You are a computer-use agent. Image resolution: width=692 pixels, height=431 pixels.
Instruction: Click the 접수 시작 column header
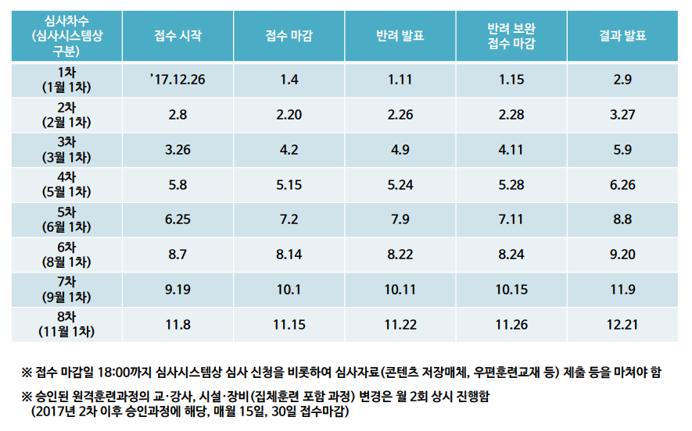(177, 36)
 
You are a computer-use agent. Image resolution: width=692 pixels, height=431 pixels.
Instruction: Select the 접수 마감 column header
(289, 36)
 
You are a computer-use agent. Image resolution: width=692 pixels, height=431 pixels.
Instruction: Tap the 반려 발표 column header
(400, 36)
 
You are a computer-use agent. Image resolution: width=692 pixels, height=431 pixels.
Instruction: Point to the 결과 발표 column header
(622, 36)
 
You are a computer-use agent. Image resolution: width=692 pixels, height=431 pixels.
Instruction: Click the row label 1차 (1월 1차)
(66, 80)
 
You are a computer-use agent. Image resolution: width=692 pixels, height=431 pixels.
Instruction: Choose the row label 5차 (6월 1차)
(66, 219)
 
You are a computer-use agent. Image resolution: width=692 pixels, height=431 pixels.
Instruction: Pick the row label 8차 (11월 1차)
(66, 324)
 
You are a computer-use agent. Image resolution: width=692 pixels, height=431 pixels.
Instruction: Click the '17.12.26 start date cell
(177, 80)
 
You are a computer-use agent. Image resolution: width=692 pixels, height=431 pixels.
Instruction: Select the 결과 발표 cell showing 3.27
(622, 115)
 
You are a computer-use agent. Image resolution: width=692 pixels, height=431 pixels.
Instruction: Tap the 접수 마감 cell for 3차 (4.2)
(289, 150)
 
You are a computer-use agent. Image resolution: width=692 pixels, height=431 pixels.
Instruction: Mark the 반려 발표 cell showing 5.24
(400, 185)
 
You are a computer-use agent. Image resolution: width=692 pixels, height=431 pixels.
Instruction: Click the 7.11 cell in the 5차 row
(511, 219)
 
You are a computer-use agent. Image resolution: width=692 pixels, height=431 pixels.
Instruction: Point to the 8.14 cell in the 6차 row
(289, 255)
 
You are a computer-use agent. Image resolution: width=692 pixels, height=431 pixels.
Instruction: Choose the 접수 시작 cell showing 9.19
(177, 289)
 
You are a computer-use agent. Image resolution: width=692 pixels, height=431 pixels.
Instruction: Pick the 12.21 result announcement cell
(622, 324)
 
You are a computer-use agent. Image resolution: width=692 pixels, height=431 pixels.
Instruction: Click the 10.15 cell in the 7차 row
(511, 289)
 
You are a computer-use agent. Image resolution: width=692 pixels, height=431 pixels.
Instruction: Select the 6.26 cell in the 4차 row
(622, 185)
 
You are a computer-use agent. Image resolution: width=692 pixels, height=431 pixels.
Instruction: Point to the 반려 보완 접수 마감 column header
(511, 36)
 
